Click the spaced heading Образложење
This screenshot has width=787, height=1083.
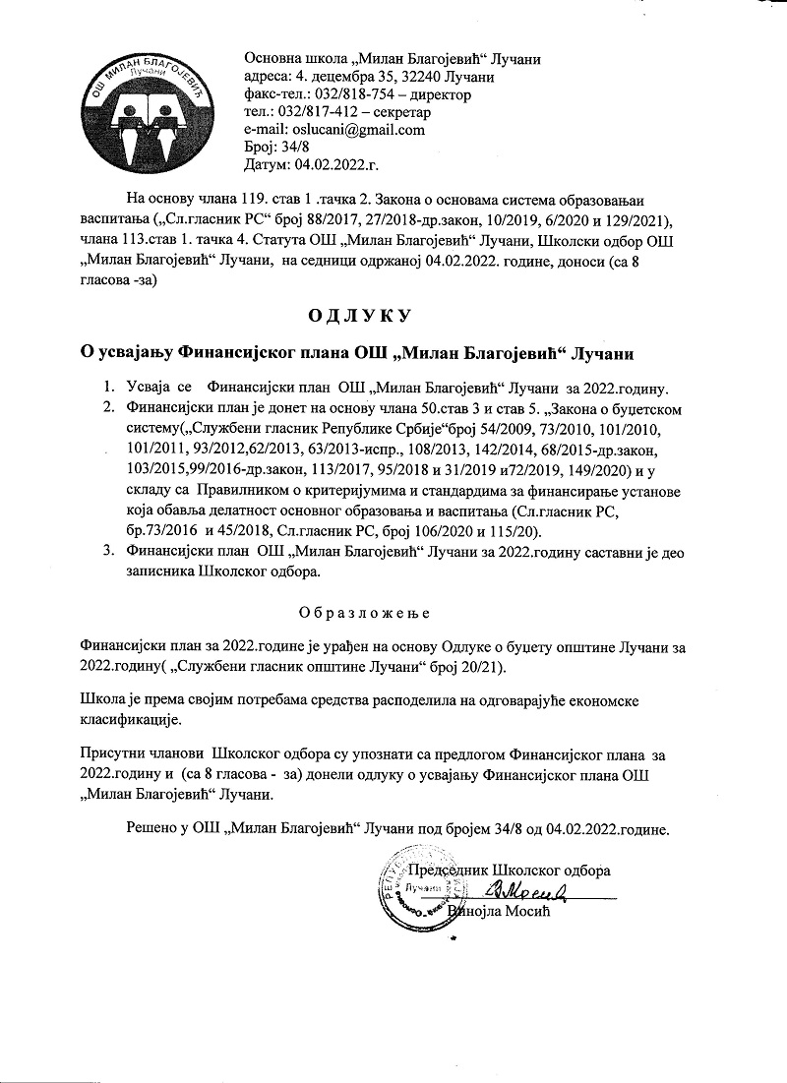coord(364,612)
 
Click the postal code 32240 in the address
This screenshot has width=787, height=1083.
coord(428,77)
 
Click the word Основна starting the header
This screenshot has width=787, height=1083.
coord(271,59)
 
